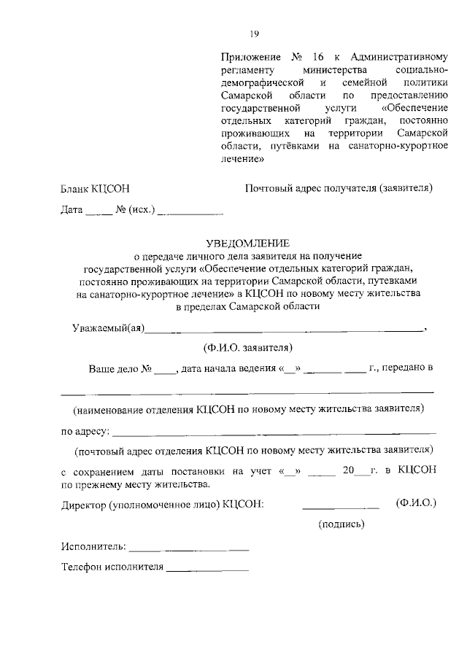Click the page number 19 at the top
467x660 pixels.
(255, 33)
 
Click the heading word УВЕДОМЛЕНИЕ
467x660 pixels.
(248, 243)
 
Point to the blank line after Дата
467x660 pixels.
(99, 214)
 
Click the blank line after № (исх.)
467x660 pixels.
(190, 214)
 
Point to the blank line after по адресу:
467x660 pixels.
(274, 433)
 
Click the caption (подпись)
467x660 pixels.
(341, 524)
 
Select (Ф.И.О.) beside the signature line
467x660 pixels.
(415, 503)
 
